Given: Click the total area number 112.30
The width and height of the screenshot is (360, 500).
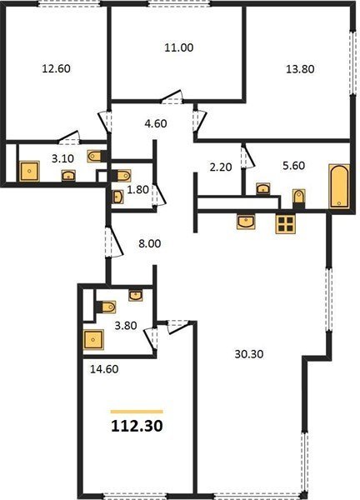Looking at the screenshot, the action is click(x=137, y=426).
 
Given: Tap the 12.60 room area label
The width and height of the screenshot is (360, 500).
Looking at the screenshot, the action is click(x=57, y=68).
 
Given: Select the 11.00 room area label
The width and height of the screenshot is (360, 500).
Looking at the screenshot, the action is click(x=179, y=47).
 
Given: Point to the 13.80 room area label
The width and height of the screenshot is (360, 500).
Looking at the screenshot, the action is click(x=300, y=69).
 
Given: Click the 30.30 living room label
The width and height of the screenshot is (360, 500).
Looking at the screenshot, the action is click(x=249, y=354).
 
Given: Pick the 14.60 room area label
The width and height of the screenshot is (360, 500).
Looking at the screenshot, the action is click(x=104, y=369).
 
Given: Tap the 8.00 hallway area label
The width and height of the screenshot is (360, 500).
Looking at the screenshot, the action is click(x=149, y=244).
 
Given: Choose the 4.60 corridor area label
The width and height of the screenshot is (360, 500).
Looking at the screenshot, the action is click(x=156, y=123).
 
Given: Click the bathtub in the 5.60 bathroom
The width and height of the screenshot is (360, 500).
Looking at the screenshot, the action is click(x=339, y=186).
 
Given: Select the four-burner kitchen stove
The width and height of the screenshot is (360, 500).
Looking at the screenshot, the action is click(x=286, y=223).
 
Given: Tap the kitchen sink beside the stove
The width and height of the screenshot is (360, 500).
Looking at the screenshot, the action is click(x=246, y=222).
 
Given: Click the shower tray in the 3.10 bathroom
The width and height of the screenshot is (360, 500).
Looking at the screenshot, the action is click(x=29, y=171).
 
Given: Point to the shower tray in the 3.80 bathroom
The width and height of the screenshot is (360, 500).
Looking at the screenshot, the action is click(x=93, y=340).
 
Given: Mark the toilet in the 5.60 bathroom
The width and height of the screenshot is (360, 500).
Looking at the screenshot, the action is click(x=299, y=198).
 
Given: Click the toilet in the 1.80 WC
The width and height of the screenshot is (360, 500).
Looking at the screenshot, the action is click(x=121, y=176).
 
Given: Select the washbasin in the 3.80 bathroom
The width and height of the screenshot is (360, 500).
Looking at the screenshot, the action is click(x=136, y=295).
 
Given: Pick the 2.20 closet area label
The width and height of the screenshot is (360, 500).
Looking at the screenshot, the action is click(x=221, y=167).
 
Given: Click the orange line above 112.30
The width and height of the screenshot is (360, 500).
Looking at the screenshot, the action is click(x=137, y=412).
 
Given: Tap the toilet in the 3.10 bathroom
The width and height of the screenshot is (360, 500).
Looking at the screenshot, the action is click(x=96, y=156).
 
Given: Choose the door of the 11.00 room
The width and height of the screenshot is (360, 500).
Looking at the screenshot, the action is click(x=171, y=97).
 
